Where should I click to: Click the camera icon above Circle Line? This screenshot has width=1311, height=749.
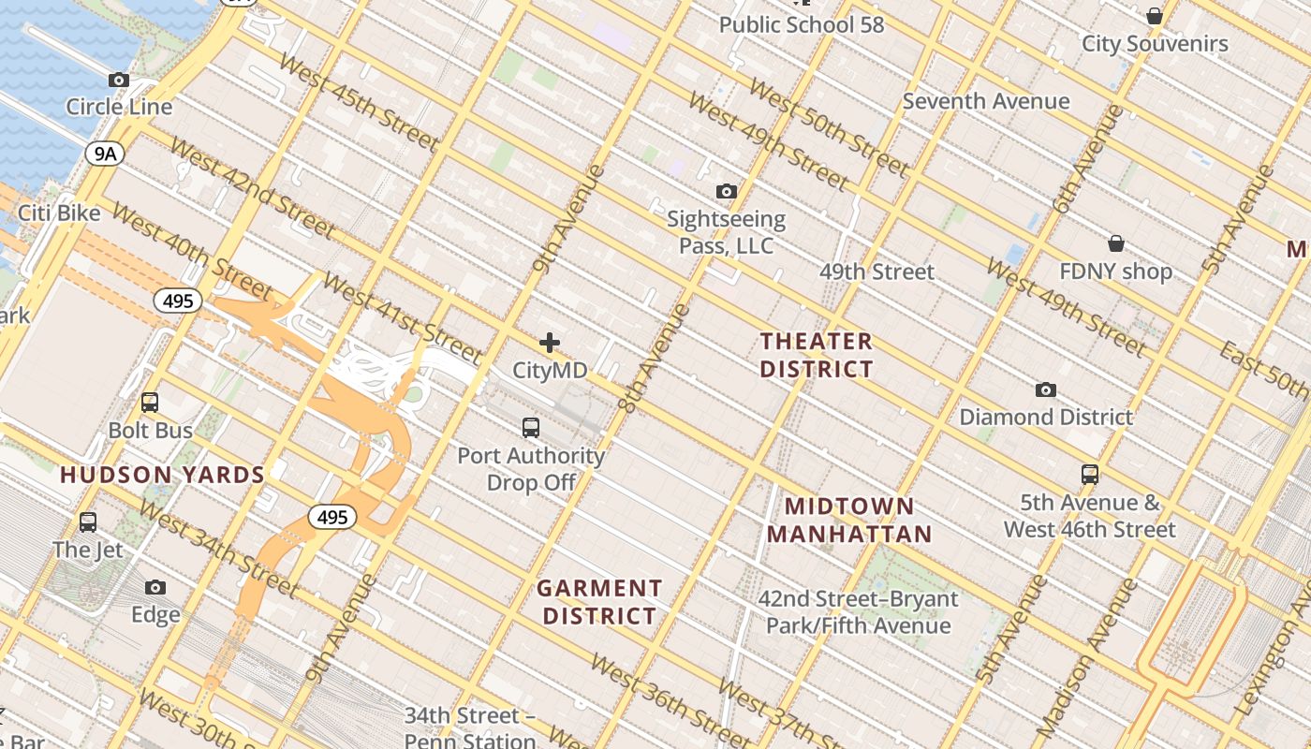click(x=119, y=81)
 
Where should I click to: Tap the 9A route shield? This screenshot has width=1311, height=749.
click(x=105, y=154)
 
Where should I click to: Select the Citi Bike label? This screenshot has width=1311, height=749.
click(x=59, y=213)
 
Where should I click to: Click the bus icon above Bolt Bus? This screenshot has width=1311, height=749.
click(x=150, y=404)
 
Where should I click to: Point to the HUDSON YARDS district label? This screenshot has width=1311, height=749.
click(x=163, y=475)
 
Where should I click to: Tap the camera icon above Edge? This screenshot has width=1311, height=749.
click(x=155, y=588)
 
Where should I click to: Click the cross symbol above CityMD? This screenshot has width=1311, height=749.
click(x=550, y=343)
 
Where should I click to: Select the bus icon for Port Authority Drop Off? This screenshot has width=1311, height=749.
click(x=531, y=428)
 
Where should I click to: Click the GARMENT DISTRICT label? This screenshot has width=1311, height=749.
click(x=599, y=602)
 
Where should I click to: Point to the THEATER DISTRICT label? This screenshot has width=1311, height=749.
click(x=817, y=355)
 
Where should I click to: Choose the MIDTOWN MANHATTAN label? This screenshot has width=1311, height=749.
click(x=849, y=521)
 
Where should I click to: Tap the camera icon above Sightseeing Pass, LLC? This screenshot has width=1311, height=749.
click(x=726, y=192)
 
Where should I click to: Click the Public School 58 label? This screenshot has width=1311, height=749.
click(x=802, y=25)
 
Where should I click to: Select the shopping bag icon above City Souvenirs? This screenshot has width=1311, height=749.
click(x=1155, y=16)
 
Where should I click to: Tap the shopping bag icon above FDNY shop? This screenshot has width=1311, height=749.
click(x=1115, y=243)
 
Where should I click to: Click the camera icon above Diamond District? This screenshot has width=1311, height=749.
click(x=1046, y=389)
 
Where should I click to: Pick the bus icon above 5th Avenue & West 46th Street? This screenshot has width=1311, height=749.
click(x=1089, y=475)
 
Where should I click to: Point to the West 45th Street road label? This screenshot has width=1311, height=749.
click(x=359, y=103)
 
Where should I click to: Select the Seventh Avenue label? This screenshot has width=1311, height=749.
click(x=986, y=101)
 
